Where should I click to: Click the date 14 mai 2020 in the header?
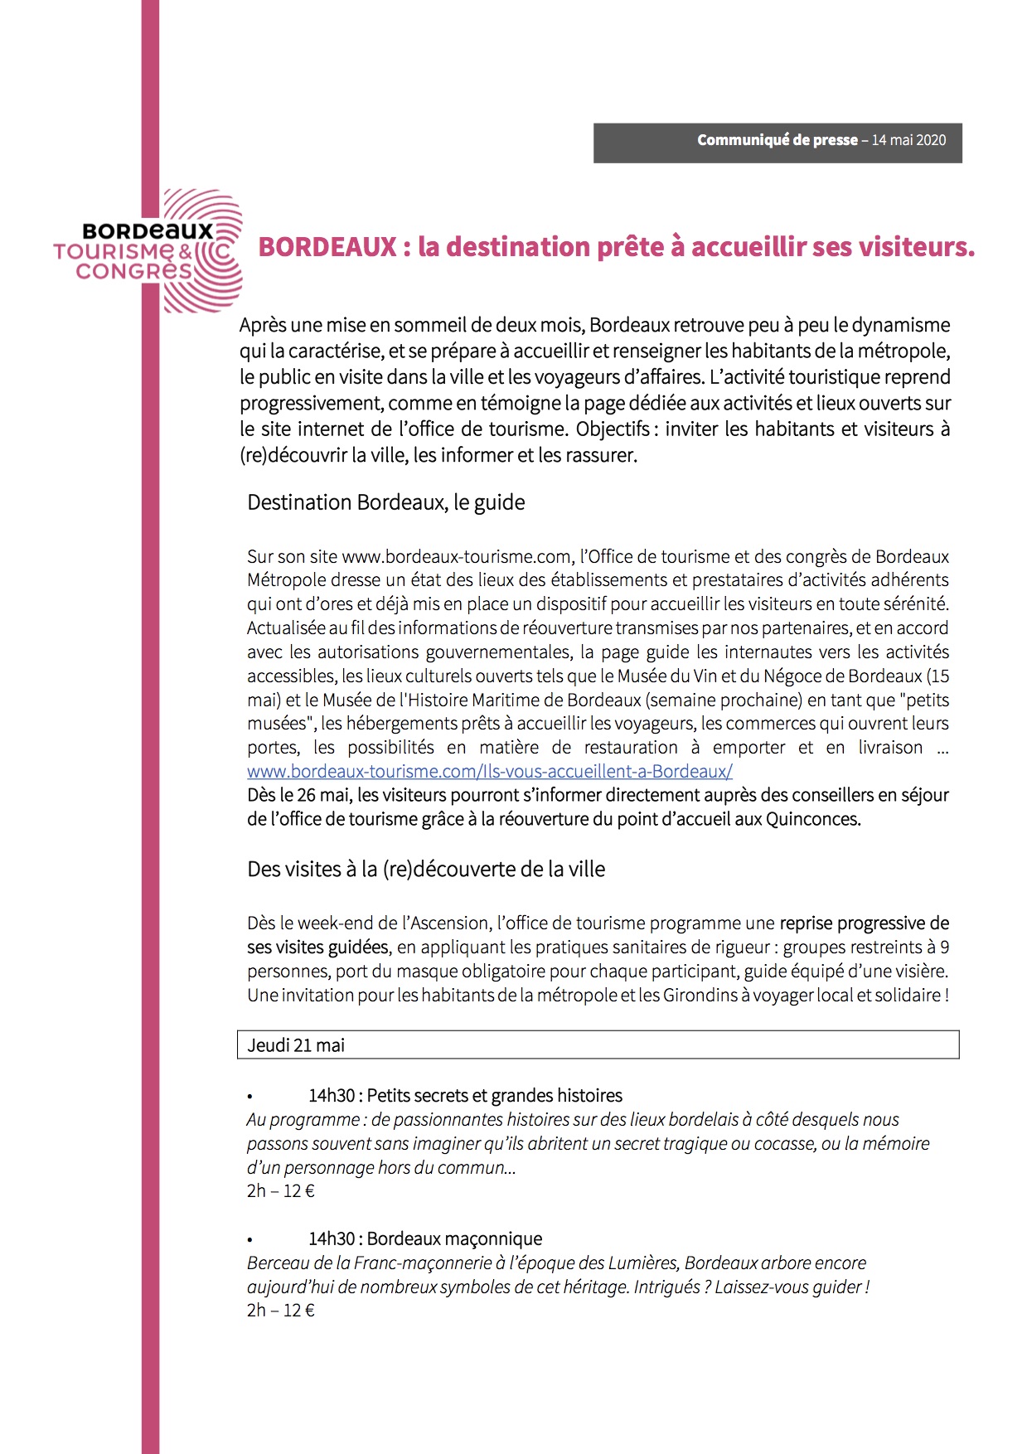pos(908,140)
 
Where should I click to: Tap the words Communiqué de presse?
pos(777,140)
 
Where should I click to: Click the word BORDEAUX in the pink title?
pos(327,247)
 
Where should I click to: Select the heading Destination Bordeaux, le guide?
pos(385,502)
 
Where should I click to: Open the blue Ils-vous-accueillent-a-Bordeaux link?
pos(489,771)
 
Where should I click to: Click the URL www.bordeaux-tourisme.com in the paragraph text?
pos(457,556)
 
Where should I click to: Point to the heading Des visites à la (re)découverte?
pos(426,869)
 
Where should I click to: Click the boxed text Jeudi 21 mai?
pos(296,1045)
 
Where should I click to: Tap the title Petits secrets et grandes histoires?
pos(494,1095)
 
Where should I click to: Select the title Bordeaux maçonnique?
pos(454,1238)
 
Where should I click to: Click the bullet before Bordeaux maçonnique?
pos(249,1240)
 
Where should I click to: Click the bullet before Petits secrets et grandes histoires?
pos(249,1097)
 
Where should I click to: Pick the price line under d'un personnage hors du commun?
pos(281,1191)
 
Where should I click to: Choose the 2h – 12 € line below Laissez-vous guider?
pos(281,1310)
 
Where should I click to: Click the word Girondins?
pos(700,995)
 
